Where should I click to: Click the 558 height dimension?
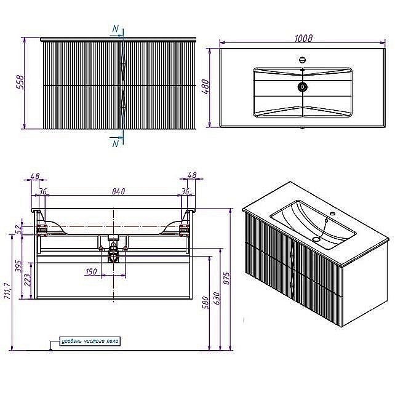pyautogui.click(x=18, y=83)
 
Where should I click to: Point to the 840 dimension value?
pyautogui.click(x=119, y=191)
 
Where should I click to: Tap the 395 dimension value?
pyautogui.click(x=18, y=266)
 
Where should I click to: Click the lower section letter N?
pyautogui.click(x=116, y=144)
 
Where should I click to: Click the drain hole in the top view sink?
pyautogui.click(x=303, y=87)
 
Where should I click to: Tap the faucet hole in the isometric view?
pyautogui.click(x=333, y=215)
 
